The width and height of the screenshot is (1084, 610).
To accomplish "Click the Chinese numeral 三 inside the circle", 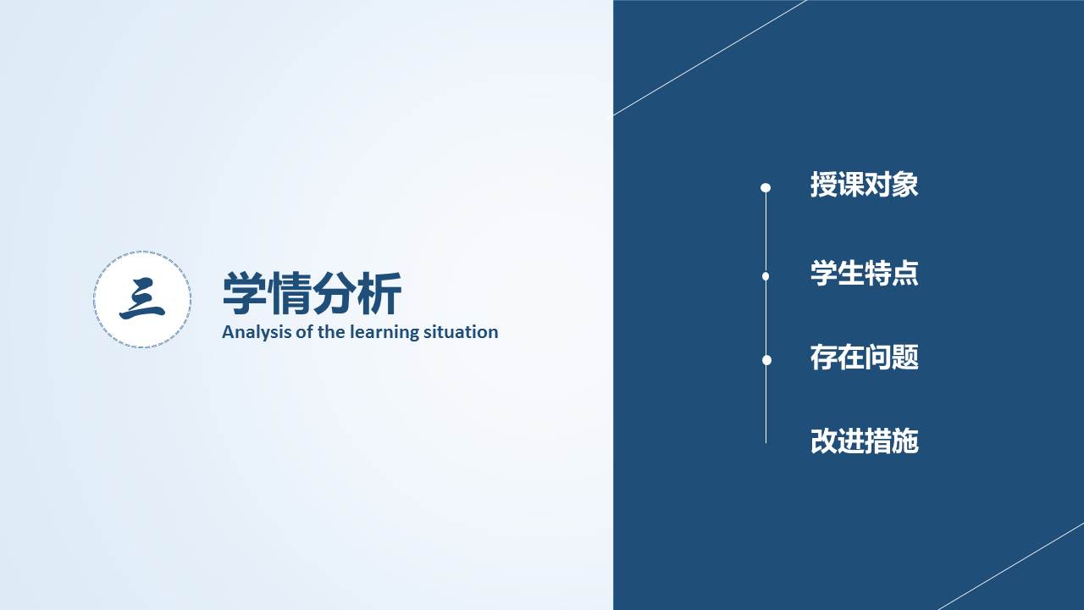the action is pos(141,299).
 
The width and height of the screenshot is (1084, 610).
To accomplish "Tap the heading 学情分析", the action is pos(312,293).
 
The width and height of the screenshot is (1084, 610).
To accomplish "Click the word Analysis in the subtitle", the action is pos(257,333).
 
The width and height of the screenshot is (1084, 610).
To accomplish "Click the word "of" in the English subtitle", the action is pos(304,332).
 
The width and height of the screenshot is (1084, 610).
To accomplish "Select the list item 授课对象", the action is pos(865,185).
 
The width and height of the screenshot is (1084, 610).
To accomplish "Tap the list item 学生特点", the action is pos(865,273).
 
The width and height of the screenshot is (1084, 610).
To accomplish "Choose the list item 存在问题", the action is pos(865,358).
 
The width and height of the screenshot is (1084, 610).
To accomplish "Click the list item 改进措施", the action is pos(865,441).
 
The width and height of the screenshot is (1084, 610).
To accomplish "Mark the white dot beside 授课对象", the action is pos(766,187).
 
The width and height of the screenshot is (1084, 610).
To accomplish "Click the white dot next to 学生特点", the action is pos(766,276).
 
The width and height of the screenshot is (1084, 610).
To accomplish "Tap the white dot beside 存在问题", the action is pos(766,360).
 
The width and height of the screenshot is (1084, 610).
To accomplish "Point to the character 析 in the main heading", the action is pos(380,293).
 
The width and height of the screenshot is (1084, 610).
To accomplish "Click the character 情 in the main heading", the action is pos(290,293).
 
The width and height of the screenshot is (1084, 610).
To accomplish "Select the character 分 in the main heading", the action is pos(335,293).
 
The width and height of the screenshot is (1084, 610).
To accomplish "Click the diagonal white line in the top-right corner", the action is pos(710,58).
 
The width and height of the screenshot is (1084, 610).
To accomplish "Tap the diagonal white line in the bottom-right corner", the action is pos(1011,567).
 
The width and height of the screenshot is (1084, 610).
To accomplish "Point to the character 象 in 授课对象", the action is pos(904,185).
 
